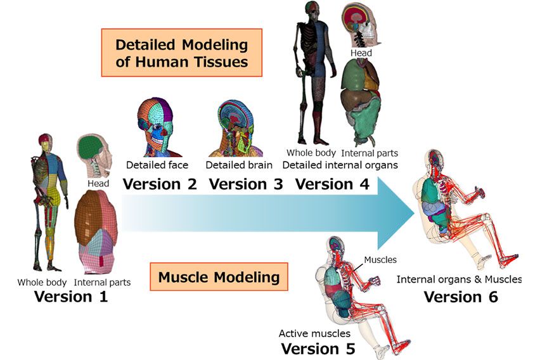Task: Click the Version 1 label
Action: pyautogui.click(x=71, y=297)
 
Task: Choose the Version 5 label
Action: pyautogui.click(x=318, y=349)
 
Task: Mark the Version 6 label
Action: pyautogui.click(x=461, y=297)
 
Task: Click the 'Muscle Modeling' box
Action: pyautogui.click(x=219, y=277)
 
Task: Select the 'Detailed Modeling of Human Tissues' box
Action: pyautogui.click(x=181, y=53)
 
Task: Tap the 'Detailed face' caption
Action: pyautogui.click(x=157, y=165)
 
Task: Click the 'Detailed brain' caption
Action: pyautogui.click(x=239, y=165)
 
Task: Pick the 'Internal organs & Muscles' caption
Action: pyautogui.click(x=459, y=279)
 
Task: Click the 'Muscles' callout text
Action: pyautogui.click(x=380, y=259)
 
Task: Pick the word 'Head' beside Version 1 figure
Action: pyautogui.click(x=98, y=183)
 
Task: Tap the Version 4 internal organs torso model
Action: pyautogui.click(x=361, y=101)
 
